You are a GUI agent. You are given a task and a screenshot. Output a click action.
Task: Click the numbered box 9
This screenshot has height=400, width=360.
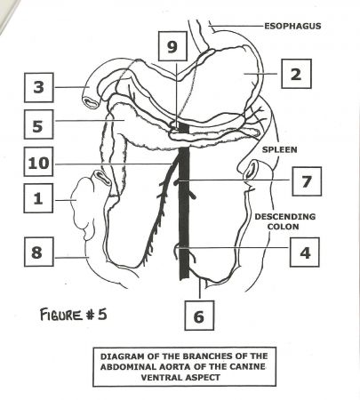(172, 46)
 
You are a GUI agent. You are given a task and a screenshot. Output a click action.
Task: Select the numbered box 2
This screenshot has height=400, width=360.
(296, 74)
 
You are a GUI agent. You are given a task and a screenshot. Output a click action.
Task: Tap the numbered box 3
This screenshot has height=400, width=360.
(39, 87)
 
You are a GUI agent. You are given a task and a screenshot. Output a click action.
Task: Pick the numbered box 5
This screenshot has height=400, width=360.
(39, 124)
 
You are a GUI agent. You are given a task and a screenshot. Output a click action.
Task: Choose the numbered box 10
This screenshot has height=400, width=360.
(39, 162)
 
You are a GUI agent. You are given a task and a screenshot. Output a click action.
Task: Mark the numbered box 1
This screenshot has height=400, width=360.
(38, 198)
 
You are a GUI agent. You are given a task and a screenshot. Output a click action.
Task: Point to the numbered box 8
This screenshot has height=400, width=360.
(39, 252)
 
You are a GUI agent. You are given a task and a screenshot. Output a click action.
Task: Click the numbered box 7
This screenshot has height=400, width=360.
(307, 181)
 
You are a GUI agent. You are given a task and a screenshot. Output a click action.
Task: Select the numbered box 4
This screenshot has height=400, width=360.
(305, 252)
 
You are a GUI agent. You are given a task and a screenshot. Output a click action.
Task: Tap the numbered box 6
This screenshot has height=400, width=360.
(199, 316)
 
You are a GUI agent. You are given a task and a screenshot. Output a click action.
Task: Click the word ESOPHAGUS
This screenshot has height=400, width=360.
(292, 26)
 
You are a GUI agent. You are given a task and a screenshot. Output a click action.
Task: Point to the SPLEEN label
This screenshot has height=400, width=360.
(280, 149)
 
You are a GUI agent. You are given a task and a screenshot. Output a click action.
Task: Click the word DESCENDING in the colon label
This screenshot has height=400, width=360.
(285, 217)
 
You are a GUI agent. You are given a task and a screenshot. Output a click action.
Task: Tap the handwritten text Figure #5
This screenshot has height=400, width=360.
(74, 314)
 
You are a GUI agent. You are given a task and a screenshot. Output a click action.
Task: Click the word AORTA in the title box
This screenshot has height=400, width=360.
(175, 366)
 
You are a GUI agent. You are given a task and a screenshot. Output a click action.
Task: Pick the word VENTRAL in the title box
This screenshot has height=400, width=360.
(162, 378)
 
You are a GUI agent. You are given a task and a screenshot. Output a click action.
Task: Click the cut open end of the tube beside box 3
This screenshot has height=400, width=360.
(92, 102)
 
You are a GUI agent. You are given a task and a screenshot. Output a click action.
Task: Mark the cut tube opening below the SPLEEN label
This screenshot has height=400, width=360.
(251, 171)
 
